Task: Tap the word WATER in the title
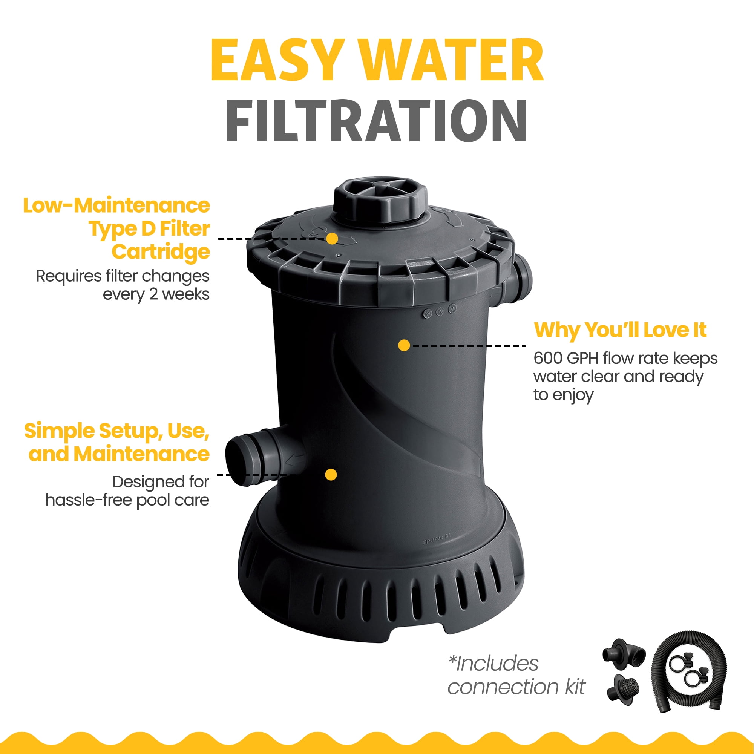452,60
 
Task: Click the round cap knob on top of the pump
380,201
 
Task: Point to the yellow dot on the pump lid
332,239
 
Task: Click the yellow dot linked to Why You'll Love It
404,345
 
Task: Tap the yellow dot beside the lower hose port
331,475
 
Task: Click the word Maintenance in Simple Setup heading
141,454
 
